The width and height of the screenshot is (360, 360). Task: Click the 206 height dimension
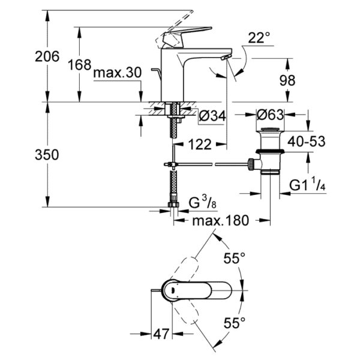[x=47, y=56]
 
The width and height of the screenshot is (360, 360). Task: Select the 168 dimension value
[x=80, y=65]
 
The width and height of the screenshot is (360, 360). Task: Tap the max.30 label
[x=118, y=73]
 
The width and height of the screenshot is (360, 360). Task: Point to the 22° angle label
[x=259, y=38]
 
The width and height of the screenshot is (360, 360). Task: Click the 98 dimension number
[x=287, y=80]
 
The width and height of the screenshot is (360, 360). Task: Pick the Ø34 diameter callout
[x=212, y=116]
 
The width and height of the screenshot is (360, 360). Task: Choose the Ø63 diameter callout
[x=270, y=115]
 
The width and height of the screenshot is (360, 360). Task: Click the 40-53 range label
[x=306, y=142]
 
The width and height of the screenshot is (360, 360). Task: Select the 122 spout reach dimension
[x=200, y=145]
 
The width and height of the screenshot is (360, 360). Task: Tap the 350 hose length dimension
[x=47, y=155]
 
